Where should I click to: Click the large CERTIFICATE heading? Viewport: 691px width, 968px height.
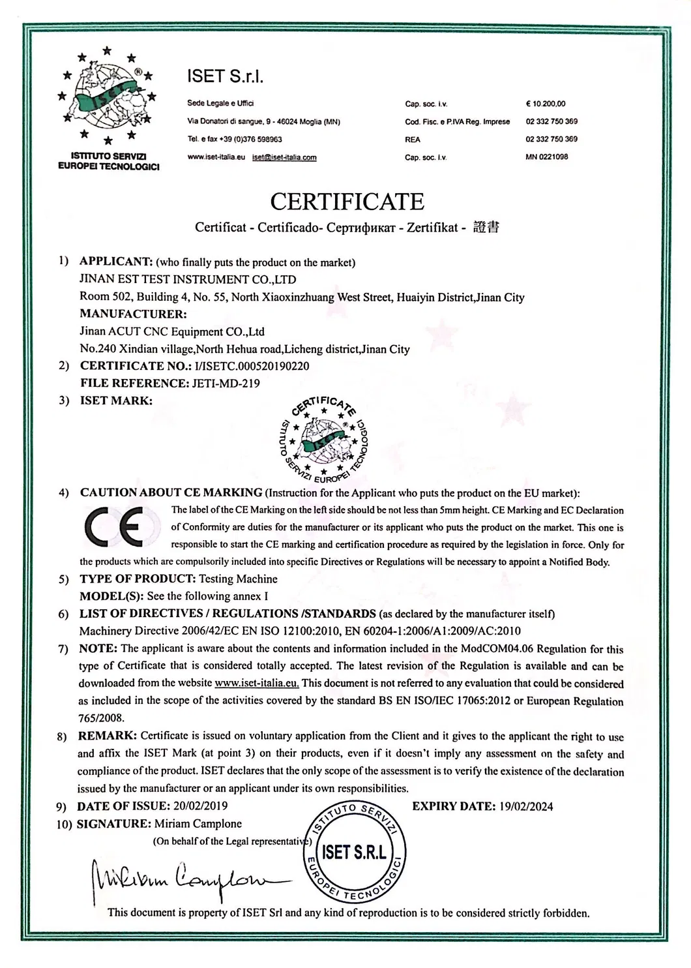click(x=347, y=202)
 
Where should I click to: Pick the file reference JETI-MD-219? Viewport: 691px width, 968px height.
click(x=225, y=384)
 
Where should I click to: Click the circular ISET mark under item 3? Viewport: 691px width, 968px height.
click(x=323, y=436)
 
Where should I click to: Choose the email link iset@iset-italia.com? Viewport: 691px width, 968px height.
click(x=284, y=157)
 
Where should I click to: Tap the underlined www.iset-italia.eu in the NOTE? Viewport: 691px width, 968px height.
click(x=256, y=684)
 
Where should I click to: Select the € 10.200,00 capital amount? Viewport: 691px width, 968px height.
click(x=545, y=104)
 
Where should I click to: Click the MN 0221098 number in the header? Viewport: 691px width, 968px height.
click(x=546, y=157)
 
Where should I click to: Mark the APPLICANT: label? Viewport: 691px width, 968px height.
click(x=115, y=262)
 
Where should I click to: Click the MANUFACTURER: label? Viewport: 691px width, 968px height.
click(x=133, y=314)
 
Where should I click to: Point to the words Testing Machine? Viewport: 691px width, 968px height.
click(x=238, y=579)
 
